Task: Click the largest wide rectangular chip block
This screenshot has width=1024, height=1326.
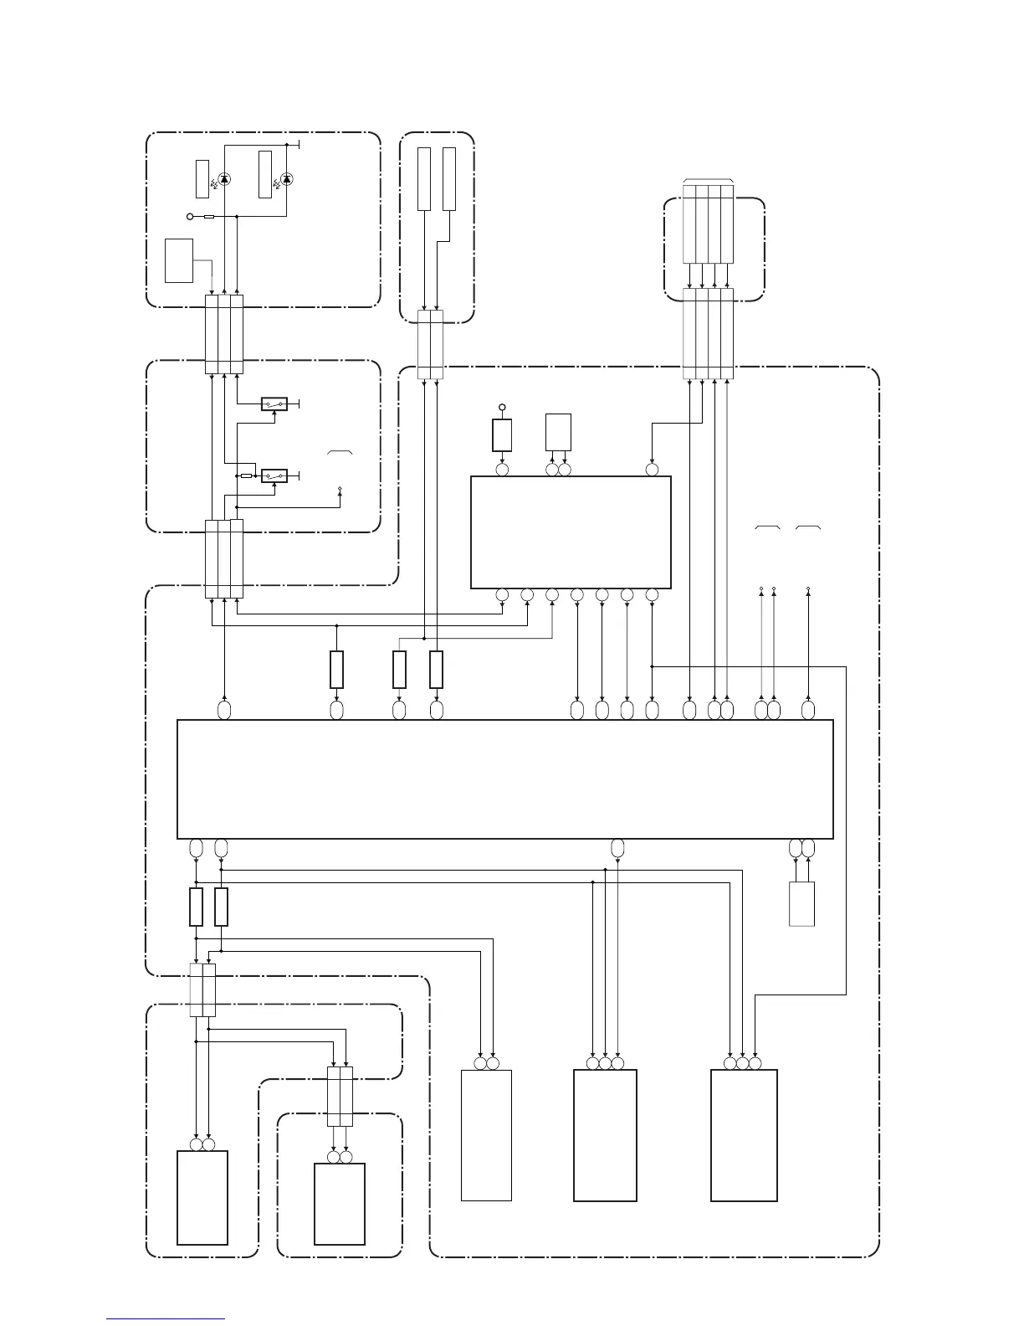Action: [505, 779]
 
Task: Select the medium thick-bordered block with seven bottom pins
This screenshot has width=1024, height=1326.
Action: [571, 532]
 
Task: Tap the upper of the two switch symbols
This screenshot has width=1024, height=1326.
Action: [274, 404]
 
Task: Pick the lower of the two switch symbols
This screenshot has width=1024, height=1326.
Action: [274, 475]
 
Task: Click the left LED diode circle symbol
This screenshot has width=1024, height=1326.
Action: [223, 179]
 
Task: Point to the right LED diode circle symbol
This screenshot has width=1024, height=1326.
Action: [287, 179]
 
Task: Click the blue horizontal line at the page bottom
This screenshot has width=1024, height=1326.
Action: [166, 1320]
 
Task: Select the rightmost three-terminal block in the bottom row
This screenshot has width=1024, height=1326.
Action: [744, 1135]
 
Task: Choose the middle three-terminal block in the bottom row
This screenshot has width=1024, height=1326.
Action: [605, 1135]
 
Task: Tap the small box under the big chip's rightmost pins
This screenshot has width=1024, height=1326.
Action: [801, 904]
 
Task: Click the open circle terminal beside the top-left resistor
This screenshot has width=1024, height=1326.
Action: [190, 217]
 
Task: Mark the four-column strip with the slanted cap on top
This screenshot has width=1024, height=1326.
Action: [708, 222]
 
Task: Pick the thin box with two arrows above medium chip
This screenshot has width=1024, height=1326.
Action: [558, 432]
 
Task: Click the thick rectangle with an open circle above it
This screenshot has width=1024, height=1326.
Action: [502, 435]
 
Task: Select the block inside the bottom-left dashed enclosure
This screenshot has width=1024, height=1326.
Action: [202, 1197]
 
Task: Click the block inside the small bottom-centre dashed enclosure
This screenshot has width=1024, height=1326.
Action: [339, 1204]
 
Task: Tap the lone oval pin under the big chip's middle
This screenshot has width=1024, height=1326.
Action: [617, 848]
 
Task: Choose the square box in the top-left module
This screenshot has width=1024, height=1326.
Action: [179, 260]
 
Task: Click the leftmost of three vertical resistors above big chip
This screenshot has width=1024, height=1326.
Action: [336, 670]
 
